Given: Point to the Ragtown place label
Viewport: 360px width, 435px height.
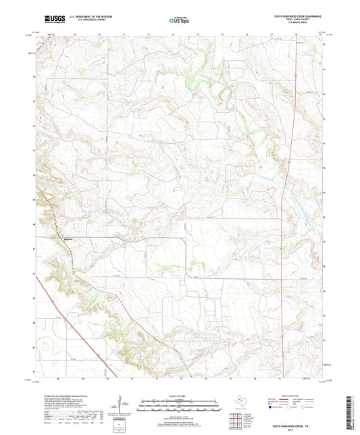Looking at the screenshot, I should pos(59,239).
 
